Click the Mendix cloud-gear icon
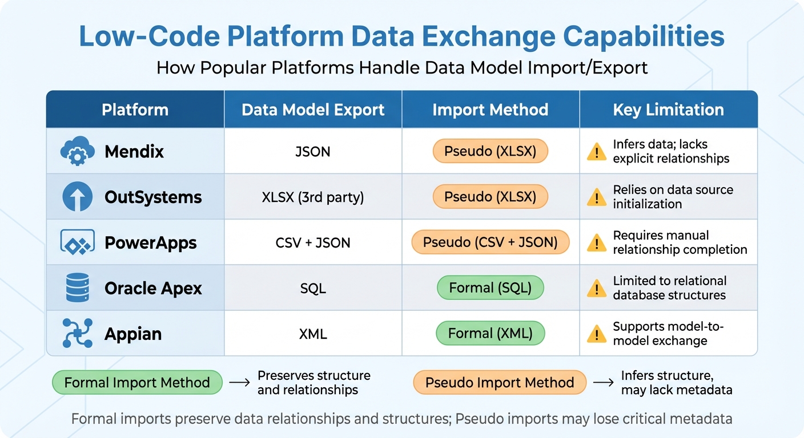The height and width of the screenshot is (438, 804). click(77, 151)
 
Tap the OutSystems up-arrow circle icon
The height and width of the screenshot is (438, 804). click(77, 197)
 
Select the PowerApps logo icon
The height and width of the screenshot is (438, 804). click(77, 242)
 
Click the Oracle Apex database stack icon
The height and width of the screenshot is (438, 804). click(77, 287)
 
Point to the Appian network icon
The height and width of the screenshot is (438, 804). click(77, 333)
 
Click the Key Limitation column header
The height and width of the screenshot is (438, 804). click(668, 109)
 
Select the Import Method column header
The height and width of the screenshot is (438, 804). click(490, 109)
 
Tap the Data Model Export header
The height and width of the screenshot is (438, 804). click(313, 109)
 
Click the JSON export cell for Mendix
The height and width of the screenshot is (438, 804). click(313, 152)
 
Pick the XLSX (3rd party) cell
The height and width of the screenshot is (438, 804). click(313, 197)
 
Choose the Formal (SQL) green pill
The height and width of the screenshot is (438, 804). click(490, 288)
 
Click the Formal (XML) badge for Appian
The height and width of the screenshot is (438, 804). click(490, 334)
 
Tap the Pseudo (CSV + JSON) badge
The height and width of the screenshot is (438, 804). click(490, 242)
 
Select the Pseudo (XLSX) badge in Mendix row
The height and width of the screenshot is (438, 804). click(490, 151)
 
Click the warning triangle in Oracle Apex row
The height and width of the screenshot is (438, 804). click(597, 289)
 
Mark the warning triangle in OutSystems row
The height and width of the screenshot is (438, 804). click(597, 197)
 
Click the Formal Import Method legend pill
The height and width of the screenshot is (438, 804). click(137, 383)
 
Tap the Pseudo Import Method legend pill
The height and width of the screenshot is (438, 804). click(500, 383)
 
